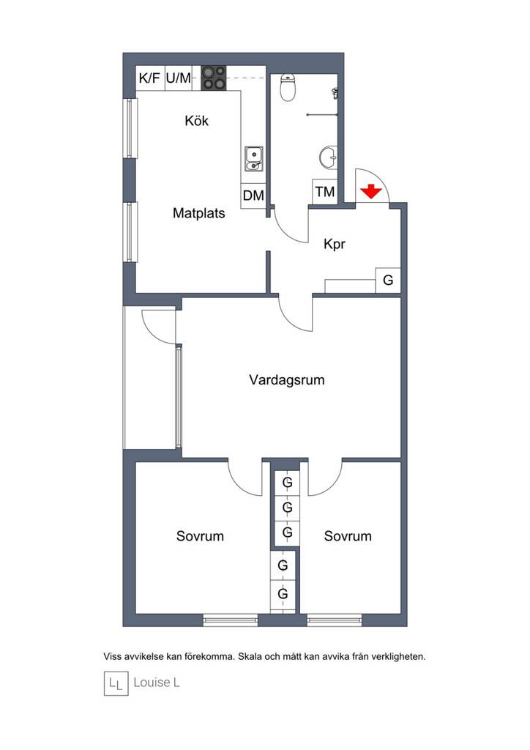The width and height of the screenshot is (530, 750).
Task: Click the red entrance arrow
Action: click(371, 191)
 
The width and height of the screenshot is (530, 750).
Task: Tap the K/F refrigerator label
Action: click(149, 78)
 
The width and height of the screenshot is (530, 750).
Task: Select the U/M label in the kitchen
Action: click(179, 78)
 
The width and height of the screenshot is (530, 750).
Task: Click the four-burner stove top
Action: click(213, 78)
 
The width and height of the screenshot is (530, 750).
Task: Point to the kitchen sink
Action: click(253, 159)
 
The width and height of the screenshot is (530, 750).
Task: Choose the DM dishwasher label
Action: click(253, 195)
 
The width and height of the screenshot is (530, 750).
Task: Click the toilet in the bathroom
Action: click(288, 87)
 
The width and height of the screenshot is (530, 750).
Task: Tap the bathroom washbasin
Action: click(329, 157)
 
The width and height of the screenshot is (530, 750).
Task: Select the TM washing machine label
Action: click(325, 192)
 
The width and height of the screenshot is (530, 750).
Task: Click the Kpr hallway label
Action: click(334, 244)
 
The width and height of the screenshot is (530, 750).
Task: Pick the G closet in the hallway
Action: click(388, 280)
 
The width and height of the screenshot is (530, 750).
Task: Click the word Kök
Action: click(196, 121)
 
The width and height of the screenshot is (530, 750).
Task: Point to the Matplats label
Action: click(199, 213)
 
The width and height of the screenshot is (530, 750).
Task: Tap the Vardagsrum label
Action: click(287, 380)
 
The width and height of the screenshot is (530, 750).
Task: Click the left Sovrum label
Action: click(200, 535)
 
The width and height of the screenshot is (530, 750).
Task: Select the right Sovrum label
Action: click(348, 535)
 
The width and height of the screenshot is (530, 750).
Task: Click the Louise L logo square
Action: click(116, 683)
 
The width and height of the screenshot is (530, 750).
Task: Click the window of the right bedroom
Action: click(334, 620)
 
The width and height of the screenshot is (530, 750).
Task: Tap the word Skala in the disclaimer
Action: click(249, 656)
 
